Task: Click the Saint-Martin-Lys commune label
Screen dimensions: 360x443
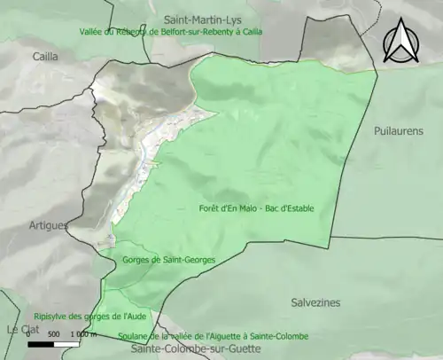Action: pos(207,19)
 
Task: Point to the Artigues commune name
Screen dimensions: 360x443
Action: pos(48,225)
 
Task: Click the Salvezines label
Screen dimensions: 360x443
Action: pos(315,302)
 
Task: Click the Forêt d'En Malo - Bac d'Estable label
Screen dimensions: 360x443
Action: pos(257,208)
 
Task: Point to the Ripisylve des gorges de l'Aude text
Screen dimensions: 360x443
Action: pos(89,316)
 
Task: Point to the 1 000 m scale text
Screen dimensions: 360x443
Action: pos(81,334)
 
